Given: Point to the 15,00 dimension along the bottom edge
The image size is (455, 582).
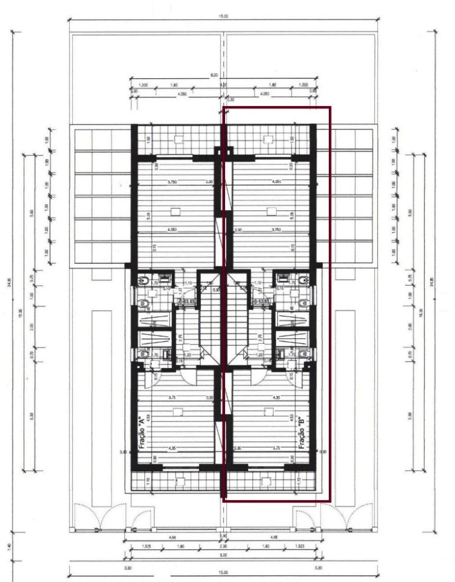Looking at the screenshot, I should pyautogui.click(x=224, y=572).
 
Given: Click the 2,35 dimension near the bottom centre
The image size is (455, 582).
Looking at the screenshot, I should pyautogui.click(x=224, y=546).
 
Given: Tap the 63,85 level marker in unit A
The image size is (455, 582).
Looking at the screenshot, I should pyautogui.click(x=186, y=301).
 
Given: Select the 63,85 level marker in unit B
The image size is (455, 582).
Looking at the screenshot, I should pyautogui.click(x=261, y=301).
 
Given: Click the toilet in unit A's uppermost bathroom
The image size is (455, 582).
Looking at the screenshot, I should pyautogui.click(x=144, y=281).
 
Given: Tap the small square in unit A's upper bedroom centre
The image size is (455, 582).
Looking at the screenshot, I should pyautogui.click(x=175, y=212).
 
